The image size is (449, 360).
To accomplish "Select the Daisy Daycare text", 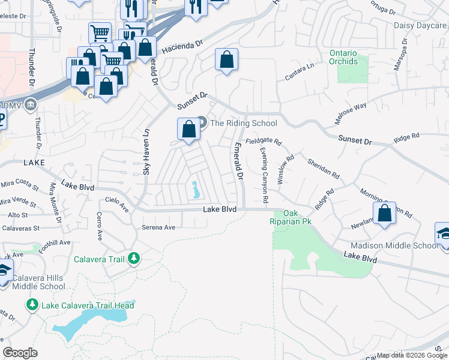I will click(x=420, y=25).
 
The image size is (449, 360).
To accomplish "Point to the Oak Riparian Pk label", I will click(x=291, y=217).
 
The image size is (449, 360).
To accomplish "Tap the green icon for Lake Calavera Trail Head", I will click(x=32, y=305).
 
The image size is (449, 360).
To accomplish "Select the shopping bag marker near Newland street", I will click(x=384, y=213).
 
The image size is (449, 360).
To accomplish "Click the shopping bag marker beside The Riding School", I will click(x=188, y=129).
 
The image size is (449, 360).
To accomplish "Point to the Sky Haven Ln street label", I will click(x=146, y=157).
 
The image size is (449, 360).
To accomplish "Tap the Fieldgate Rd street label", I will click(x=263, y=141).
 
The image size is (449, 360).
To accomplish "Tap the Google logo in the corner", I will click(x=20, y=353).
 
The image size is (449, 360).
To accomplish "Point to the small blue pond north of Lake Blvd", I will click(x=196, y=191).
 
